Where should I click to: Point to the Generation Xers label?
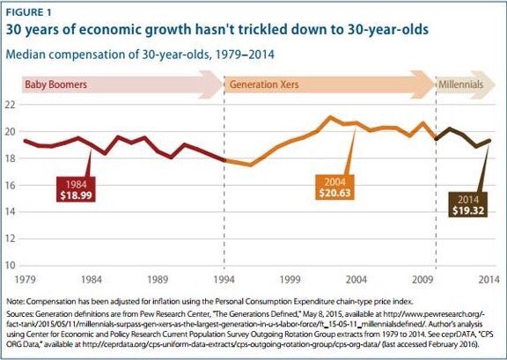pos(262,85)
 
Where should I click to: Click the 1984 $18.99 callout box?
pos(74,190)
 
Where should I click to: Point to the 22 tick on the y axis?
pos(11,105)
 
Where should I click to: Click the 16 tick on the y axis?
pos(11,186)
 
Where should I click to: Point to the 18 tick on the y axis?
pos(11,158)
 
